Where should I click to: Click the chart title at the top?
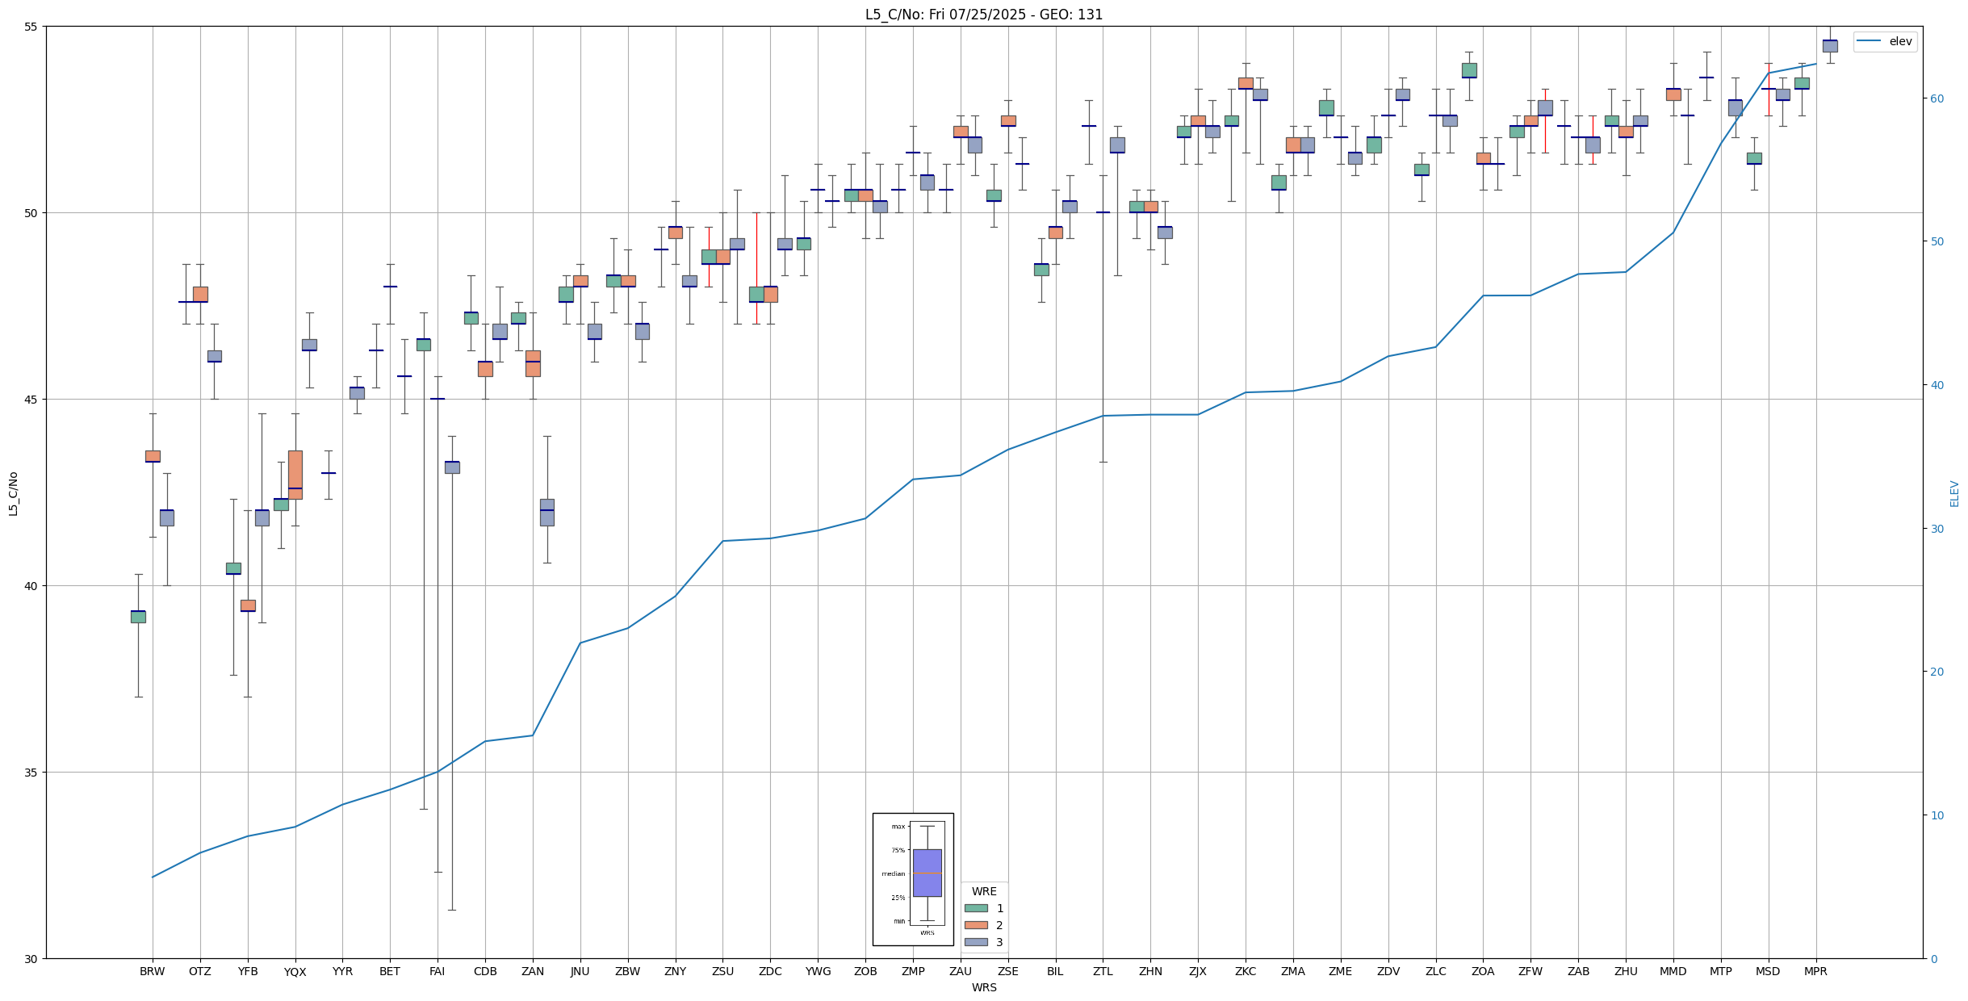[983, 15]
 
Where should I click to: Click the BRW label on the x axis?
[152, 971]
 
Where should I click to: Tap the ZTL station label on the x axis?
[1103, 971]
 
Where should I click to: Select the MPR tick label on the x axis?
[1815, 971]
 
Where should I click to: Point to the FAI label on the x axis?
[437, 971]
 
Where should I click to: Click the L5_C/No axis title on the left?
[12, 493]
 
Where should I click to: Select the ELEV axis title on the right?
[1954, 493]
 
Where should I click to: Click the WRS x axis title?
[983, 987]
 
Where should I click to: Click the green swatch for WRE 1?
[976, 908]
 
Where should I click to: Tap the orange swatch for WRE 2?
[976, 925]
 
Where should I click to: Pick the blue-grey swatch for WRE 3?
[976, 942]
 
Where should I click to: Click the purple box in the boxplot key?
[927, 873]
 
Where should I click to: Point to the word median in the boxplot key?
[893, 873]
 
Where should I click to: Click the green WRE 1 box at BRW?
[138, 617]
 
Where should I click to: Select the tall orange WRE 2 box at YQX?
[295, 475]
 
